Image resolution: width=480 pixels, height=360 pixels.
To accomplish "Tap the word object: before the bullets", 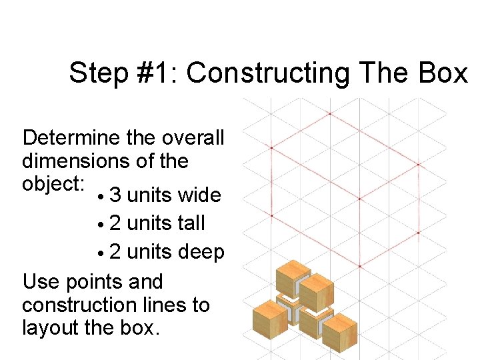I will [x=50, y=183].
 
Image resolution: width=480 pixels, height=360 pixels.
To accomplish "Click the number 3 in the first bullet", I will [x=115, y=195].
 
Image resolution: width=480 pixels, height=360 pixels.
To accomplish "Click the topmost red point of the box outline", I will [x=329, y=113].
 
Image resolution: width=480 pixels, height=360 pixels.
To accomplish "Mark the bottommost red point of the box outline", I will [x=359, y=267].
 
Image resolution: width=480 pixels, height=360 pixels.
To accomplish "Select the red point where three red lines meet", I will [x=359, y=199].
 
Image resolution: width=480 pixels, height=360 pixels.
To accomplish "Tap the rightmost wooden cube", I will [x=340, y=331].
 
